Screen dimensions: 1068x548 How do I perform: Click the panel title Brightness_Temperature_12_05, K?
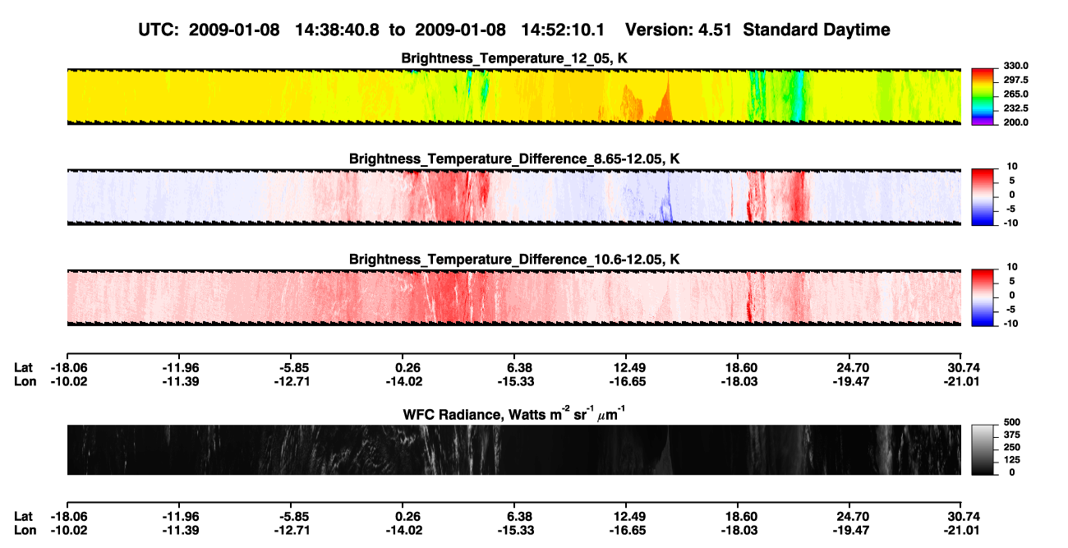(x=514, y=58)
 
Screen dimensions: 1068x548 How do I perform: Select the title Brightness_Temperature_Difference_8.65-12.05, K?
(x=514, y=159)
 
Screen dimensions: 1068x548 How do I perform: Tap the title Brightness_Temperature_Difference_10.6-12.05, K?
(x=514, y=260)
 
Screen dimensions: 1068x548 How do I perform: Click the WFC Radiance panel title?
(x=514, y=413)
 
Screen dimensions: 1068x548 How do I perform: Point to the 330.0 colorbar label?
(x=1015, y=66)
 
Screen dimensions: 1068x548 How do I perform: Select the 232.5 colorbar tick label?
(x=1015, y=108)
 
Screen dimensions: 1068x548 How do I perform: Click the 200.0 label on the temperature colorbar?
(x=1015, y=122)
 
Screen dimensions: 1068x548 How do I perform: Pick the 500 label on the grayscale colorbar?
(x=1012, y=422)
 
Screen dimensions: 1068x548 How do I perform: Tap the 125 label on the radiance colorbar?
(x=1012, y=460)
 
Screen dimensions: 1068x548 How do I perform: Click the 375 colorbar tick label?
(x=1012, y=435)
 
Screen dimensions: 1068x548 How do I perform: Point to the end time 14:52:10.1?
(x=563, y=30)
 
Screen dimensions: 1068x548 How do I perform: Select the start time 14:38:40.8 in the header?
(x=337, y=30)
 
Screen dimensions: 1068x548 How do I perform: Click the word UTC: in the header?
(x=159, y=30)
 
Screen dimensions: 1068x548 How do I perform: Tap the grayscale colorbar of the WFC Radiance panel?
(x=983, y=449)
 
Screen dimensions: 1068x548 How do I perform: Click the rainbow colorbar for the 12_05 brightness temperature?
(x=983, y=97)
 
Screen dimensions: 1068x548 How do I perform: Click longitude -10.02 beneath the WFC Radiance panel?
(x=69, y=531)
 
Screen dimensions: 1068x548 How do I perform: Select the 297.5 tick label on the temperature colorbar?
(x=1015, y=81)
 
